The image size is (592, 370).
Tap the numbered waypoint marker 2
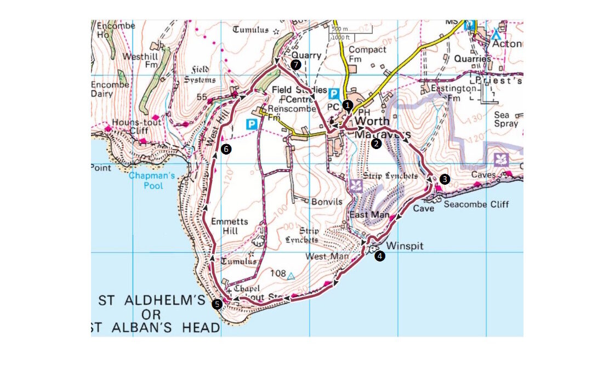coord(376,144)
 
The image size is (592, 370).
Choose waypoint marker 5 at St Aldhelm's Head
coord(217,303)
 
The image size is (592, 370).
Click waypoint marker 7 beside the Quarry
coord(296,65)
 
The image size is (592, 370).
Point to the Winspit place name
coord(405,246)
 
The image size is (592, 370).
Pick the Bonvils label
coord(327,202)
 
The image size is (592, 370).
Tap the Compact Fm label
coord(367,54)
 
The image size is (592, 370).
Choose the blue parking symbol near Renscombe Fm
coord(252,124)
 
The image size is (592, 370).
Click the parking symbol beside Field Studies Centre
coord(334,94)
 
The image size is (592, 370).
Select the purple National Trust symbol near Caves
coord(501,160)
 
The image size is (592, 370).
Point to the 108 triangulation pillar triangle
coord(291,276)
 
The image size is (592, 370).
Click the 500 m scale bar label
coord(340,29)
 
